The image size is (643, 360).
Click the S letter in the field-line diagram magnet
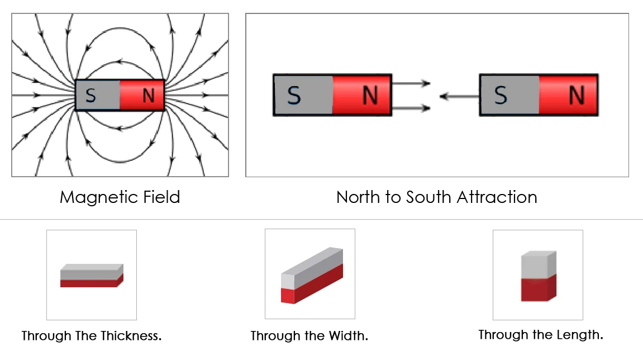tap(91, 96)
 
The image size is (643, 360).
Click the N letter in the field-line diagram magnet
tap(148, 96)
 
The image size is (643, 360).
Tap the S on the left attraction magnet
tap(294, 96)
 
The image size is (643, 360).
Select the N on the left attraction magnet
tap(370, 96)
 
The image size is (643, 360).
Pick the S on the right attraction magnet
tap(501, 96)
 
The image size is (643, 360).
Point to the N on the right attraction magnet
tap(576, 96)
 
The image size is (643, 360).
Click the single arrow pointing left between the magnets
tap(459, 97)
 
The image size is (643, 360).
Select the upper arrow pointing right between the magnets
tap(411, 84)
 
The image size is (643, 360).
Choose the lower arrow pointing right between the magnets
tap(411, 108)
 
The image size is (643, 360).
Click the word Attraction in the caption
tap(497, 197)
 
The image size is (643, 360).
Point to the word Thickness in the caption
tap(131, 336)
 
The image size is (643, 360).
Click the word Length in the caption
tap(583, 335)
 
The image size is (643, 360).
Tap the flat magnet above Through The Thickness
tap(92, 275)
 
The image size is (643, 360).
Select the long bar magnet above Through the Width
tap(311, 276)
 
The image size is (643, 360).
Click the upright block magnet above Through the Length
tap(538, 276)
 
